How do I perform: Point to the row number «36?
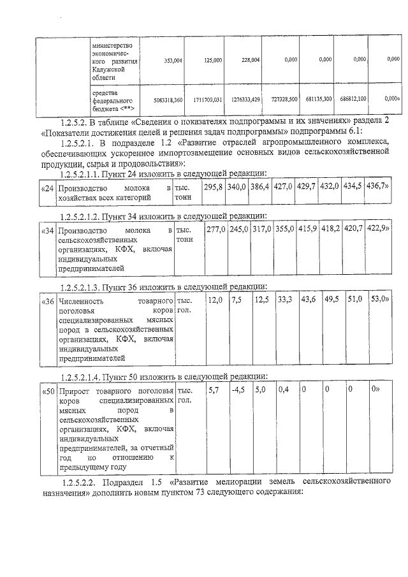(48, 300)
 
